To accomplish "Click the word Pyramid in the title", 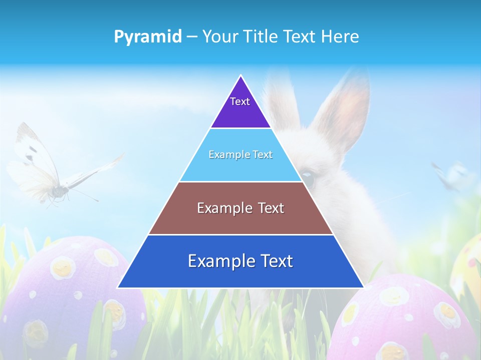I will pyautogui.click(x=148, y=36).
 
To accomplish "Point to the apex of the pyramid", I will pyautogui.click(x=241, y=76).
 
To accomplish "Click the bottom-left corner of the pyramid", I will pyautogui.click(x=118, y=287).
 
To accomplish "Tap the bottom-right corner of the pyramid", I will pyautogui.click(x=363, y=287).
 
